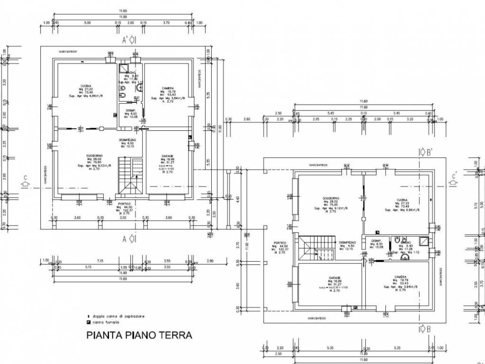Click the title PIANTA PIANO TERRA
pos(139,335)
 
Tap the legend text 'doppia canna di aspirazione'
pos(118,316)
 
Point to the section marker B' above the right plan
pos(424,152)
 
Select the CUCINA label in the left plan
pos(86,86)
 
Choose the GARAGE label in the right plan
pos(329,278)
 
